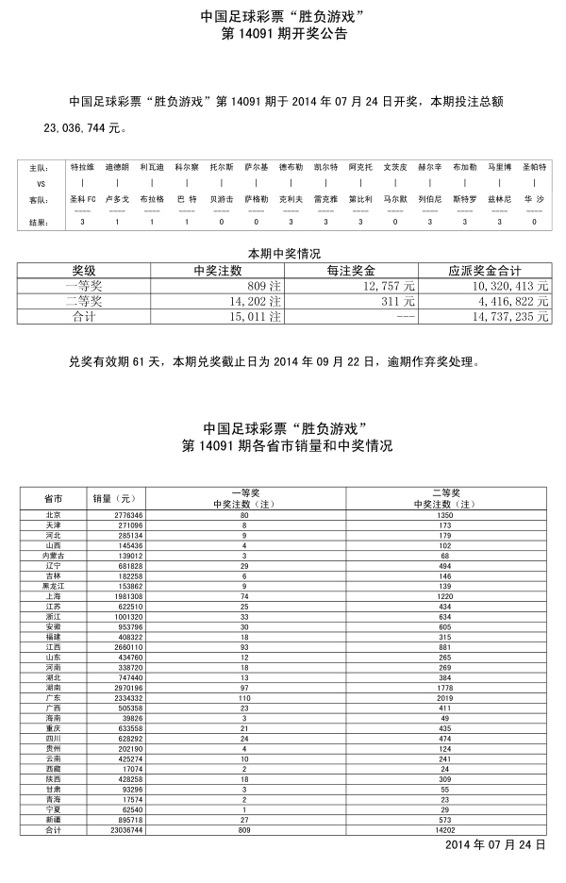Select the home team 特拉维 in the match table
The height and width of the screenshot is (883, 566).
(82, 166)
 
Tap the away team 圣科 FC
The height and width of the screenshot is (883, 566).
(83, 200)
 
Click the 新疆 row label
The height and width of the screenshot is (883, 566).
(54, 821)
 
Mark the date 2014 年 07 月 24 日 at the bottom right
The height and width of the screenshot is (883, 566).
(495, 844)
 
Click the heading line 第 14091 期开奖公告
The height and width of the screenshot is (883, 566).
(283, 34)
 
